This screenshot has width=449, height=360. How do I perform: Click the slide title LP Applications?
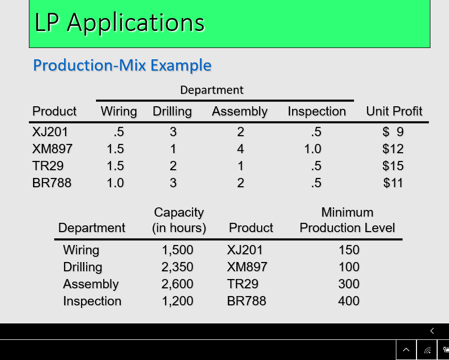tap(119, 23)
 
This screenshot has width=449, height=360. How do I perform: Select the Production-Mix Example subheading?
tap(122, 66)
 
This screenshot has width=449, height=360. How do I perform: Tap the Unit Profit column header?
tap(394, 111)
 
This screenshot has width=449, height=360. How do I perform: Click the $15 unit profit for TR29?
tap(393, 166)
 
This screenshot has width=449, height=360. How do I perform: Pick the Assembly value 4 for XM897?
tap(240, 149)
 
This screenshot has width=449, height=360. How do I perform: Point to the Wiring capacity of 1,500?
tap(178, 250)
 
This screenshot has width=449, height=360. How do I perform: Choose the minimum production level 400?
tap(348, 301)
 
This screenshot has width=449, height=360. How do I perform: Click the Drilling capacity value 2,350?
tap(178, 267)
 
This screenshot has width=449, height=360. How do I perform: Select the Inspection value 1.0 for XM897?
tap(313, 149)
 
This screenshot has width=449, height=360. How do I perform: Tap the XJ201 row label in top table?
tap(50, 132)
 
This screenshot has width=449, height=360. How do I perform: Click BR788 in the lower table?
tap(246, 301)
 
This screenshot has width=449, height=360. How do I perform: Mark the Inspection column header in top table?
tap(317, 111)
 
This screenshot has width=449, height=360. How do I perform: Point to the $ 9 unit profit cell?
tap(393, 132)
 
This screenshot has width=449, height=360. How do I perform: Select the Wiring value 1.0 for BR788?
tap(115, 183)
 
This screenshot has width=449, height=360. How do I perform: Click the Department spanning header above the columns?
tap(212, 90)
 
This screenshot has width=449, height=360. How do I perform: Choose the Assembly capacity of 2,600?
tap(178, 284)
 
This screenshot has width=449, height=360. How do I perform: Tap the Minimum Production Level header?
tap(347, 220)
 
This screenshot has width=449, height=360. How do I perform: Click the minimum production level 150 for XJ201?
tap(348, 250)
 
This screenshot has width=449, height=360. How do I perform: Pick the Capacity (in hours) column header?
tap(179, 220)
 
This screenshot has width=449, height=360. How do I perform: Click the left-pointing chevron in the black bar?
tap(432, 331)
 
